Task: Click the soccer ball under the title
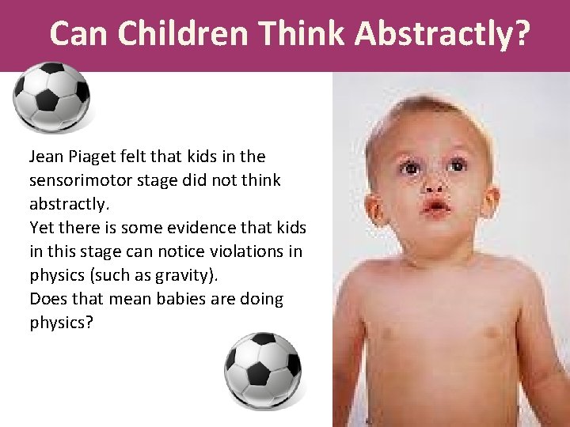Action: click(52, 97)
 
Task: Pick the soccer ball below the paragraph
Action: click(262, 370)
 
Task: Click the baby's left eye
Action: click(457, 165)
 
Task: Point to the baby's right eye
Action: click(410, 168)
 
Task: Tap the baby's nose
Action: click(434, 187)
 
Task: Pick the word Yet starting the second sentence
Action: click(40, 228)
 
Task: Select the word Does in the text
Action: click(46, 299)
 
